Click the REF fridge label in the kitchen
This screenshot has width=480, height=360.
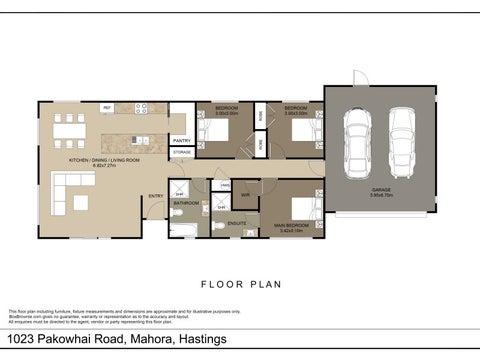click(107, 107)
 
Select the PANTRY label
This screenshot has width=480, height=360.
click(181, 141)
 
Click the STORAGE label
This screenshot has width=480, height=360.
click(181, 153)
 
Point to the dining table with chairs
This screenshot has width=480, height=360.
click(69, 128)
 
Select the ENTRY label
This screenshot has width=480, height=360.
click(155, 196)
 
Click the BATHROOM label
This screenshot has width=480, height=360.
click(187, 203)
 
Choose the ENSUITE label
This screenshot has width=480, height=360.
click(236, 222)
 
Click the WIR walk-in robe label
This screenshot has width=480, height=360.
click(245, 195)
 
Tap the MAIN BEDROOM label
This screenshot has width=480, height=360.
click(291, 226)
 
